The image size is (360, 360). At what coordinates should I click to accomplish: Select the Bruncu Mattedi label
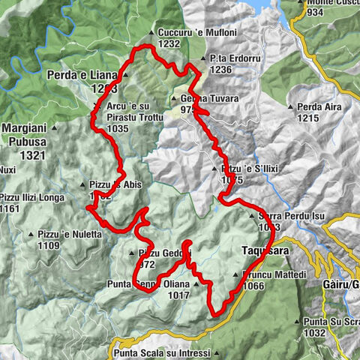coord(275,275)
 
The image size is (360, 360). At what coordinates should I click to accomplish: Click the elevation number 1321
coord(27,154)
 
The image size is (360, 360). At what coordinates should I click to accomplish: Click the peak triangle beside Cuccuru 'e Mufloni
coord(152,33)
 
